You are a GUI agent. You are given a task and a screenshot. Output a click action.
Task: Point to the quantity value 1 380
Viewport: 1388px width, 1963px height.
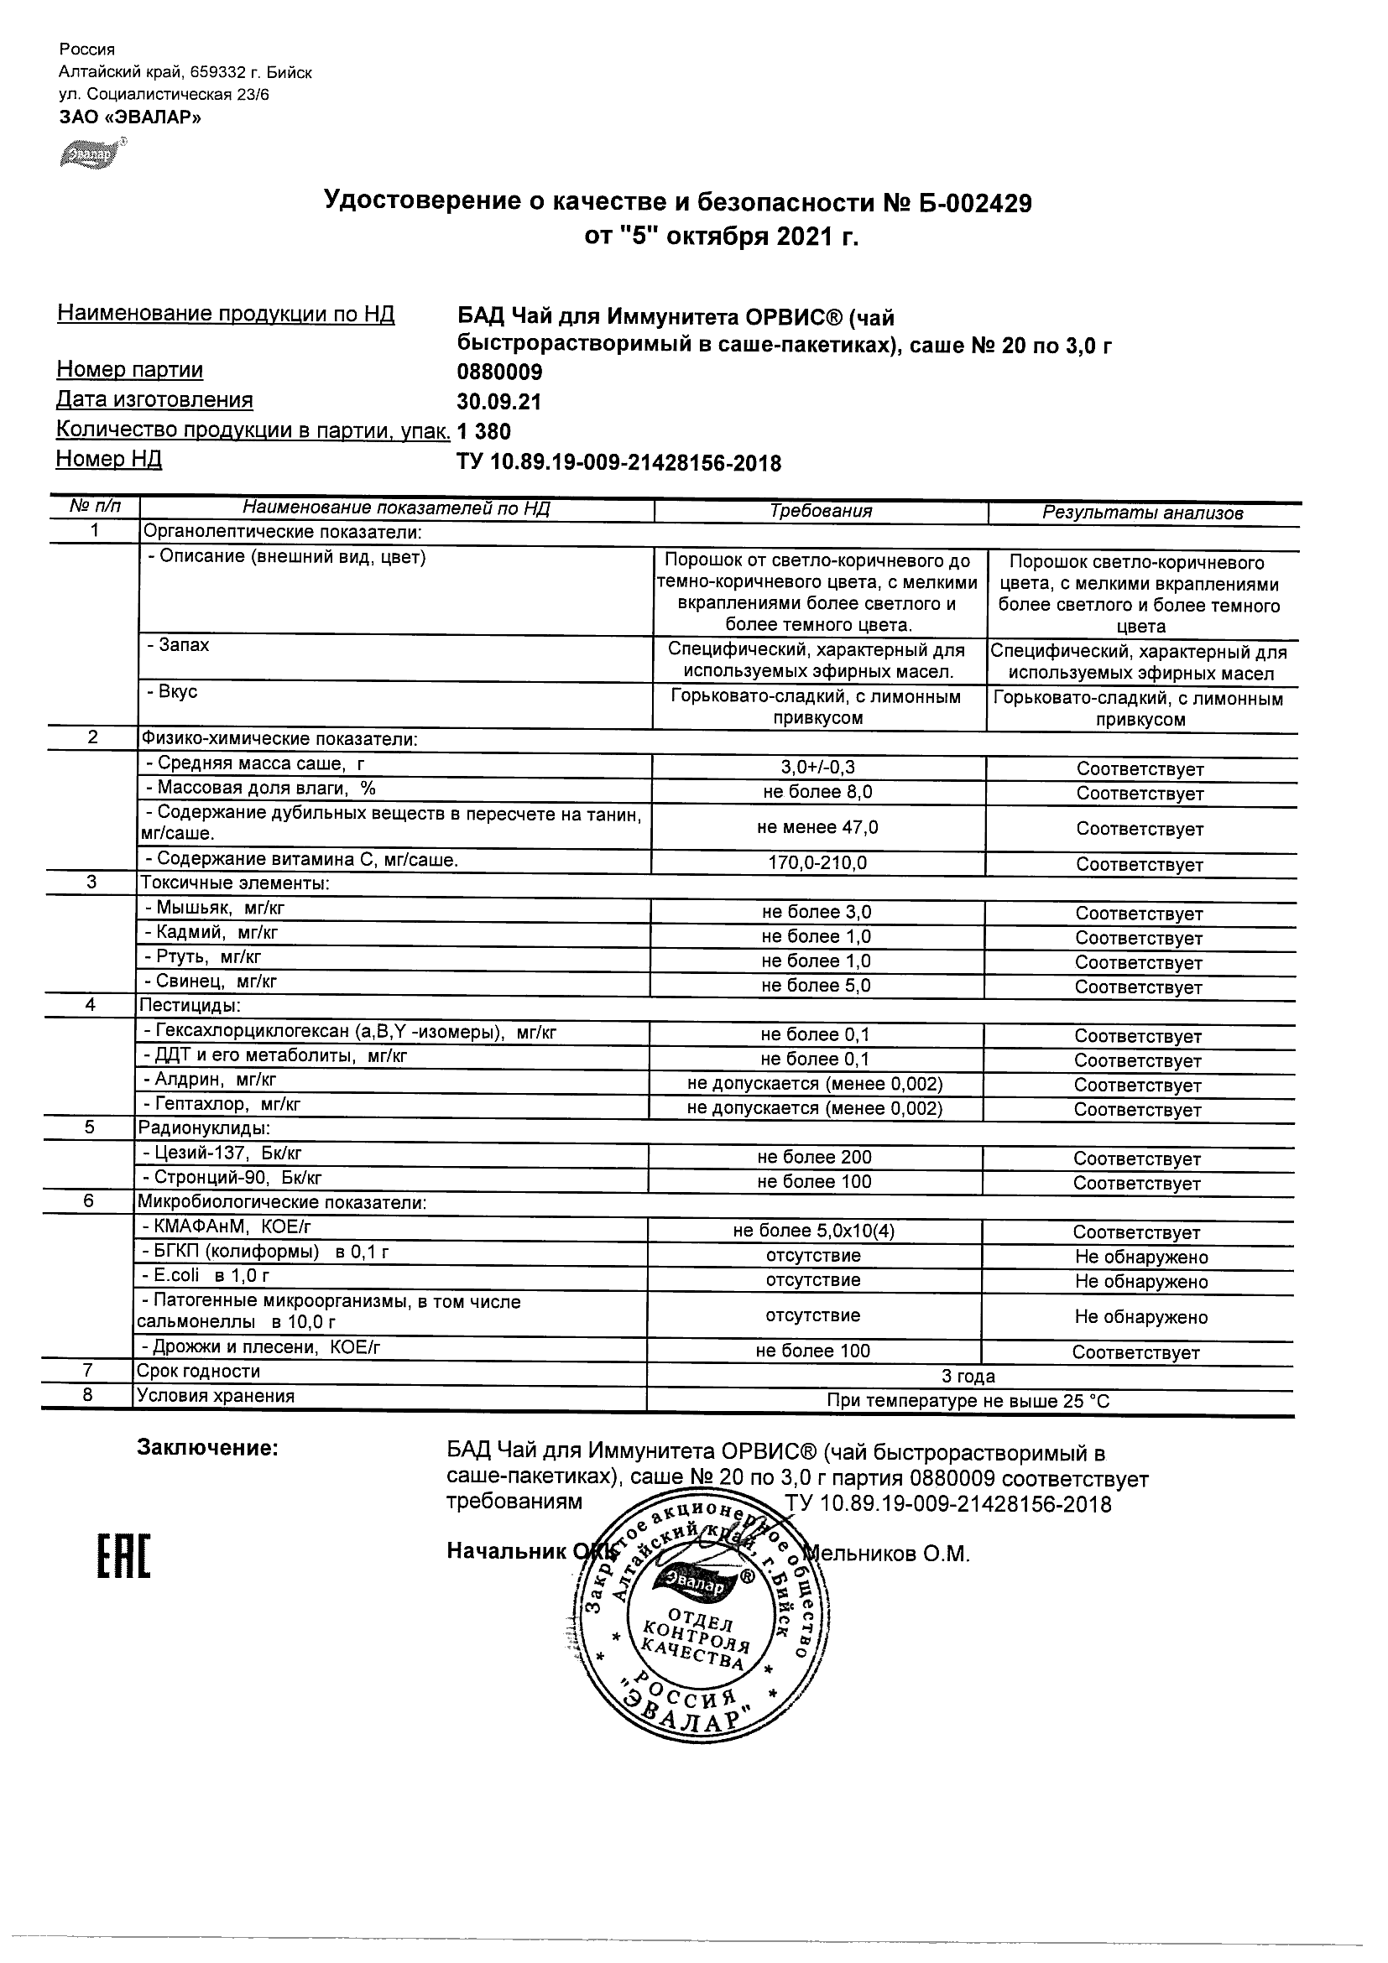tap(484, 432)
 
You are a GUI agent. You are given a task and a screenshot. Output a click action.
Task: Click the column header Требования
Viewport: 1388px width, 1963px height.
tap(820, 511)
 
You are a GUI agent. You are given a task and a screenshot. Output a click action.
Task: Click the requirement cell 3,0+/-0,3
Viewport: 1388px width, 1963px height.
tap(817, 768)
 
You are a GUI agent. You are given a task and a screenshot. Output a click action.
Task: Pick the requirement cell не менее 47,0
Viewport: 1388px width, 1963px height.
tap(817, 828)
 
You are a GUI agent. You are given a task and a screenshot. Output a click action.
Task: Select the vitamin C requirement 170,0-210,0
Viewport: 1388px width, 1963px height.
tap(817, 863)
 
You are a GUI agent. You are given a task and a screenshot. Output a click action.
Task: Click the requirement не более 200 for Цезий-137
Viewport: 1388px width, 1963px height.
tap(814, 1158)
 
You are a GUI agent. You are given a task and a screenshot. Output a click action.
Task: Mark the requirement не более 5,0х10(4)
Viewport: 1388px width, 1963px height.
tap(813, 1231)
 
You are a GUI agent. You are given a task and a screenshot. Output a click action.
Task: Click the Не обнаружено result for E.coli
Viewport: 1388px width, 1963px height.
tap(1140, 1282)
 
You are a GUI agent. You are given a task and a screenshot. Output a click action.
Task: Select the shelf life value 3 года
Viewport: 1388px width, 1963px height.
tap(968, 1377)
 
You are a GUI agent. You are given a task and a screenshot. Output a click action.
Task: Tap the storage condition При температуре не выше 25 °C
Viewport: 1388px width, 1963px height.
tap(968, 1401)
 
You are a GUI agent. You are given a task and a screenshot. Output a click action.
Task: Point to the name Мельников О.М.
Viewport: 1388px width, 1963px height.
tap(890, 1554)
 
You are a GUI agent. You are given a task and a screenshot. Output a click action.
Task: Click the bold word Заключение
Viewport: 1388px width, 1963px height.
tap(208, 1448)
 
